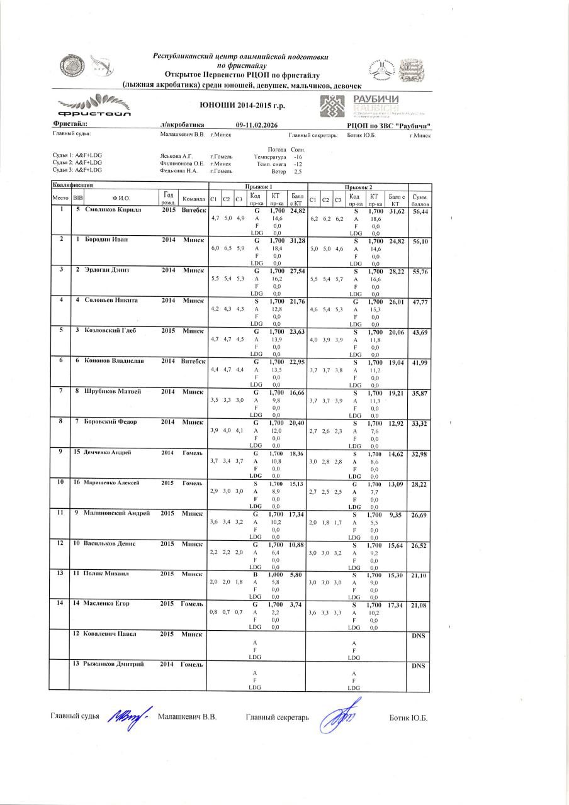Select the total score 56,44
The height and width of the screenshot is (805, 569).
click(420, 212)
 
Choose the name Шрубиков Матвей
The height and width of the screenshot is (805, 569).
click(113, 391)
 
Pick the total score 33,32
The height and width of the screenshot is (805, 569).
click(420, 424)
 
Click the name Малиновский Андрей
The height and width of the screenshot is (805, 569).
click(116, 513)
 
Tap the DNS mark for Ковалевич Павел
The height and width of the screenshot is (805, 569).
click(419, 636)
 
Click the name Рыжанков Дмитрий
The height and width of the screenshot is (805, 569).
click(115, 664)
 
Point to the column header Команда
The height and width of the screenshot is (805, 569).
click(193, 199)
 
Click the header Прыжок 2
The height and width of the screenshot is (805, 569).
click(358, 187)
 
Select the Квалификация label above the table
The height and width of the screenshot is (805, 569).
click(72, 186)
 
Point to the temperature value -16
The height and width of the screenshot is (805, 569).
click(298, 157)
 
